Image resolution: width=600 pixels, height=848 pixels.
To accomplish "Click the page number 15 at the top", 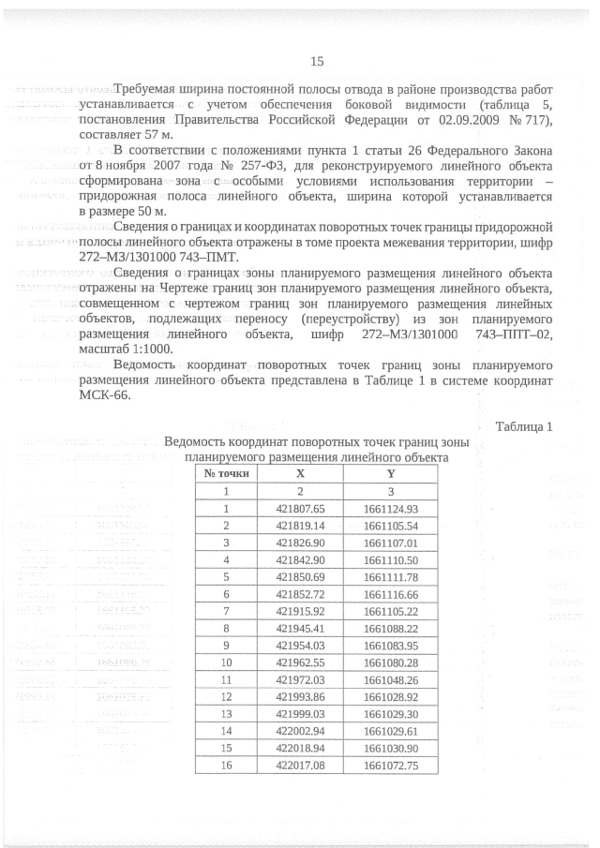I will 316,62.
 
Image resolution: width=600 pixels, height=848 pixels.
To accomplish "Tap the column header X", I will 300,474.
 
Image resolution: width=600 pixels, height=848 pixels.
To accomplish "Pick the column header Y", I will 377,474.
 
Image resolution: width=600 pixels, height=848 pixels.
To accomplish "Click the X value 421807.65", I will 300,509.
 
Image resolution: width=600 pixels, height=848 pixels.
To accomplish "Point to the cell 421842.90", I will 300,560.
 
